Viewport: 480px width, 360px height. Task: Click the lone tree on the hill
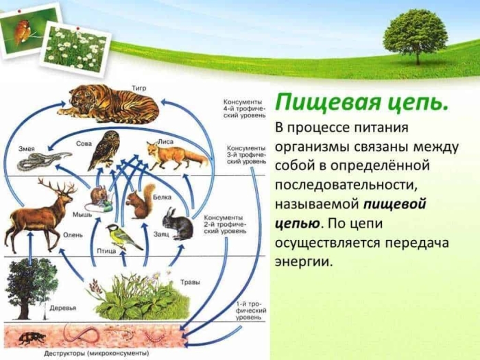415,34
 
